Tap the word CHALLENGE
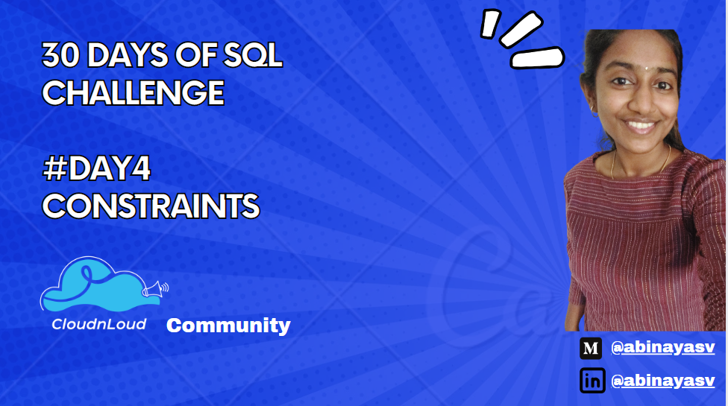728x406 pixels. (x=134, y=92)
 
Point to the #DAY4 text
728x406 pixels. (x=96, y=168)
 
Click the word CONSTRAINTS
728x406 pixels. (x=151, y=206)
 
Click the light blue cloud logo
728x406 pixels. (x=100, y=284)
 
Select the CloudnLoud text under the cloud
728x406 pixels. (x=99, y=324)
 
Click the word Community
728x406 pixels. (x=228, y=326)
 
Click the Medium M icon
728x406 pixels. (x=591, y=349)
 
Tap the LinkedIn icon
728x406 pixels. (x=592, y=381)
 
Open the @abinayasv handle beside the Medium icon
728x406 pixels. (x=663, y=347)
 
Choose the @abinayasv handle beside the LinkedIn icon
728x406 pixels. (x=663, y=381)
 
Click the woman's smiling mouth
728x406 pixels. (x=641, y=126)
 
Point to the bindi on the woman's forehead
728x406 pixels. (x=646, y=68)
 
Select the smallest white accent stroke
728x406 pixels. (x=490, y=24)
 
